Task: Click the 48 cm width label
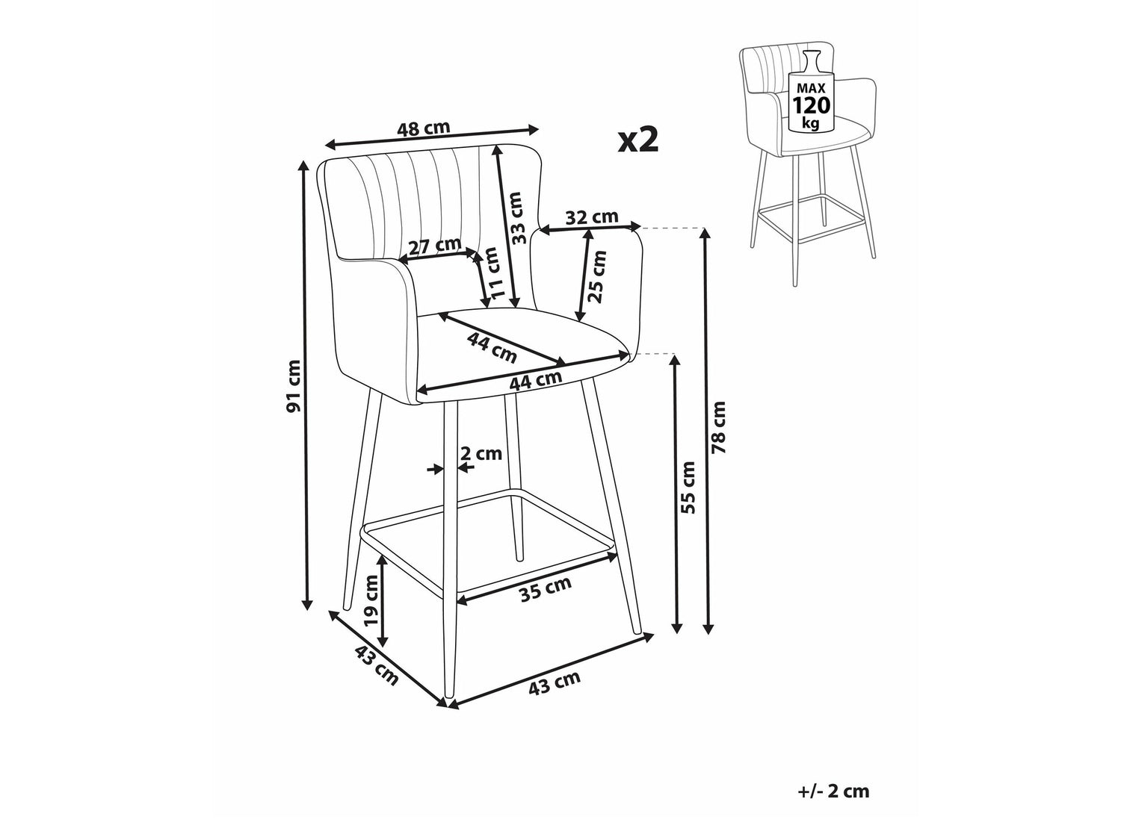(424, 128)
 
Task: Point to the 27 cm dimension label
(435, 247)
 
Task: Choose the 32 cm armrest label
(592, 218)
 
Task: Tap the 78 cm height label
(718, 427)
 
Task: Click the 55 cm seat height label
(688, 488)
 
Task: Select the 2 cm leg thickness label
(481, 453)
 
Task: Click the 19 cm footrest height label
(372, 600)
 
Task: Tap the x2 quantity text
(638, 140)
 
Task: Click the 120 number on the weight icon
(811, 105)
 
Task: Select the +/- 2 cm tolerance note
(833, 791)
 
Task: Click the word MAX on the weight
(811, 88)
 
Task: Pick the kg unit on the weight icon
(811, 124)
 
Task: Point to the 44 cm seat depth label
(492, 346)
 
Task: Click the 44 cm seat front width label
(537, 380)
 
